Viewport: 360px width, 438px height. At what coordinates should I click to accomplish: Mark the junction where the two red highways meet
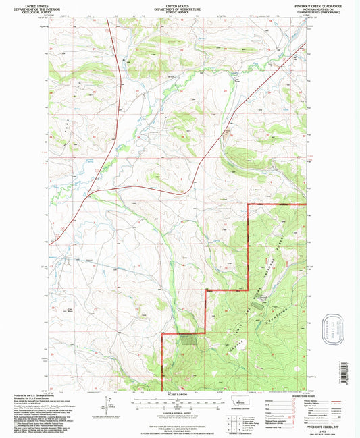(x=88, y=196)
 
